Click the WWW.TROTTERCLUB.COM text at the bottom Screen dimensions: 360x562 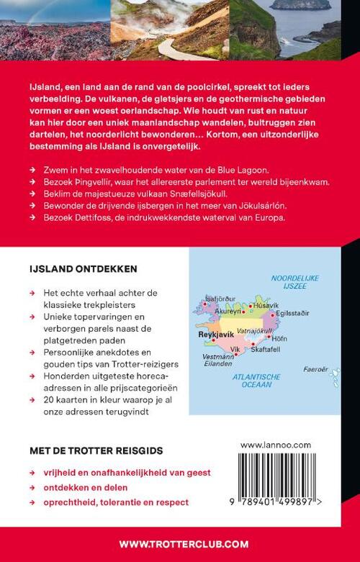(x=180, y=543)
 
